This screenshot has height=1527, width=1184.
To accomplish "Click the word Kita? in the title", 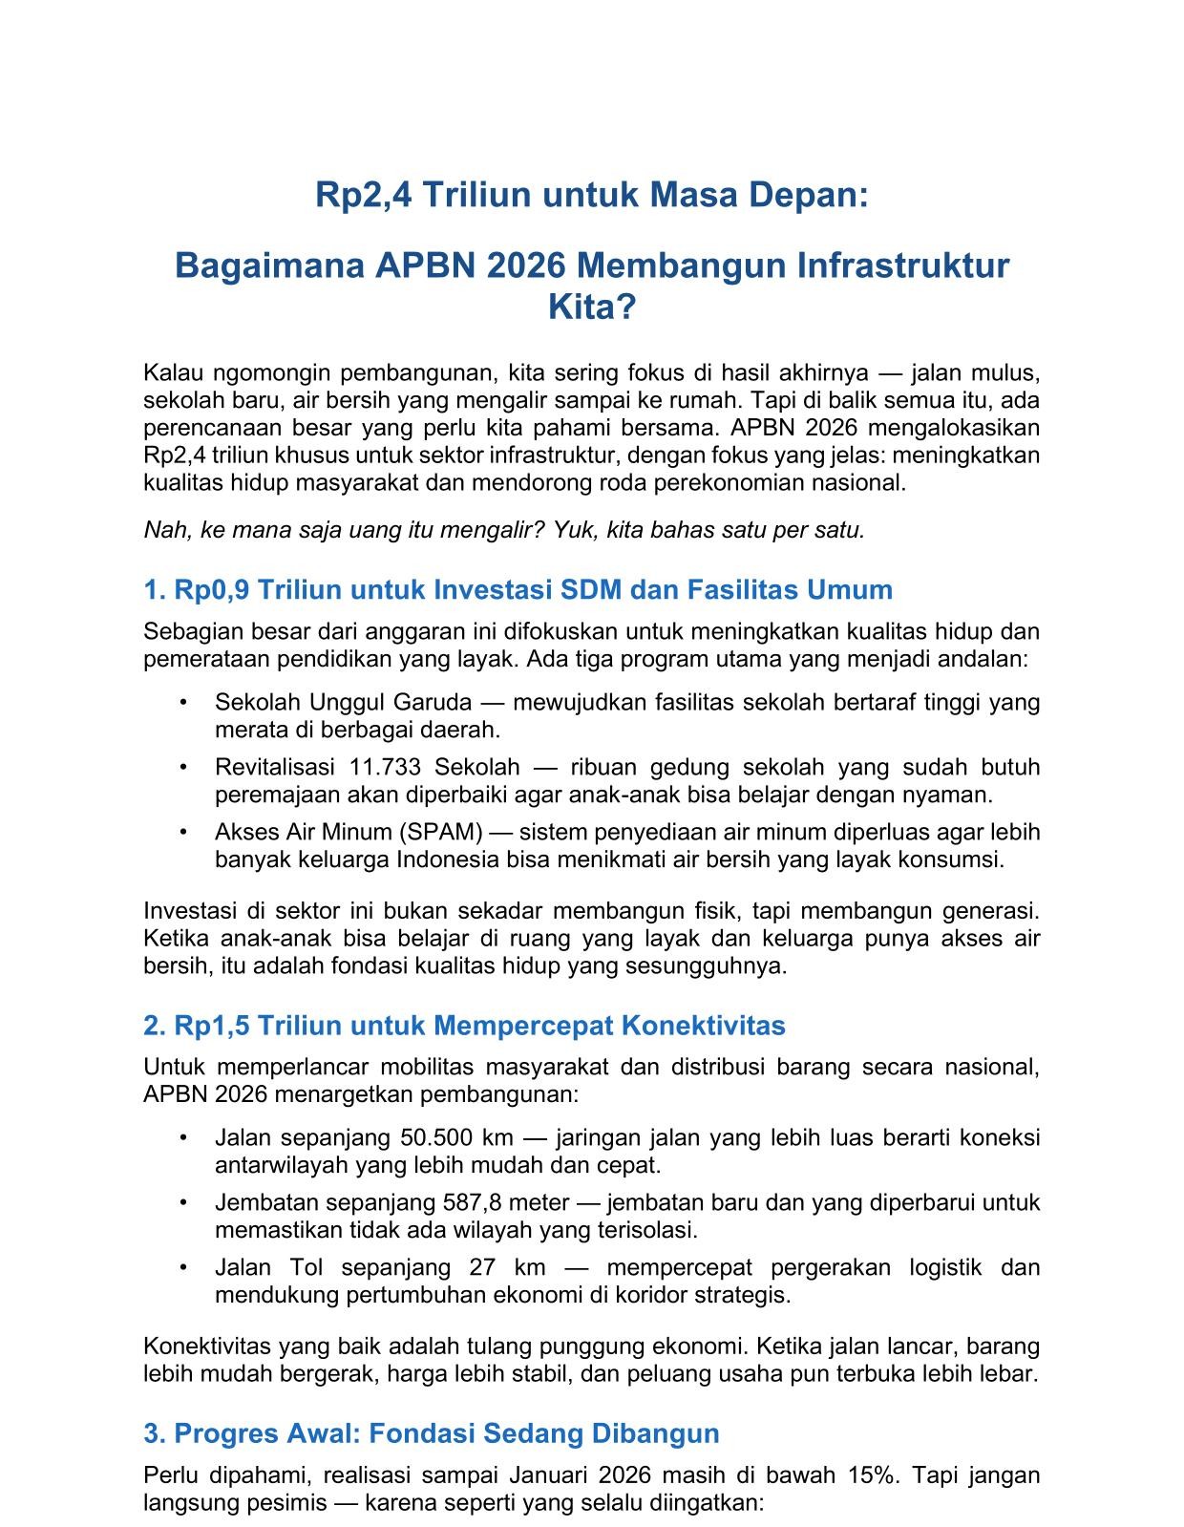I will pyautogui.click(x=591, y=308).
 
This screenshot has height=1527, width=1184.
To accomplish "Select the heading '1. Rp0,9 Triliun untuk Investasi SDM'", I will pyautogui.click(x=518, y=589).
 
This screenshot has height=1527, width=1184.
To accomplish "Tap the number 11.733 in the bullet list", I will pyautogui.click(x=390, y=767).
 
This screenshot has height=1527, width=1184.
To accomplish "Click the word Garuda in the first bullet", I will pyautogui.click(x=437, y=703).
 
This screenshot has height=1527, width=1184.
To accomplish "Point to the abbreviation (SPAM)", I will pyautogui.click(x=448, y=832).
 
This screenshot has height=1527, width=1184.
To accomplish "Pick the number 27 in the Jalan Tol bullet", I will pyautogui.click(x=481, y=1267).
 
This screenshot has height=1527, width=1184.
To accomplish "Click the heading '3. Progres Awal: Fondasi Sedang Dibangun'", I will pyautogui.click(x=431, y=1433).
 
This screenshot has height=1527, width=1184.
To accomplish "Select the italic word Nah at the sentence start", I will pyautogui.click(x=162, y=530).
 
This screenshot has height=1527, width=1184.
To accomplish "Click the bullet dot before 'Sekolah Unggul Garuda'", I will pyautogui.click(x=182, y=703).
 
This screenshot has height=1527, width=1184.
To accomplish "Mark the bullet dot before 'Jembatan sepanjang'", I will pyautogui.click(x=182, y=1202).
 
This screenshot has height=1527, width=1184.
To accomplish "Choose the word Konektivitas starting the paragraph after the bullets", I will pyautogui.click(x=207, y=1347).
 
